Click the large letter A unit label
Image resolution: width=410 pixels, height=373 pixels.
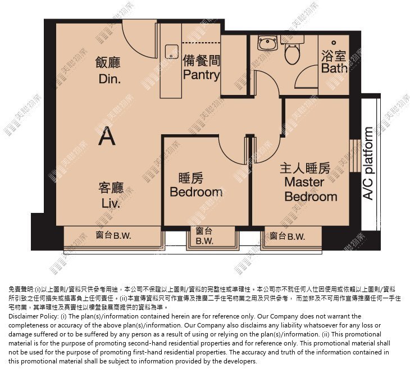tap(107, 136)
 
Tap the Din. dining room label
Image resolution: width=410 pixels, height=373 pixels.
tap(110, 79)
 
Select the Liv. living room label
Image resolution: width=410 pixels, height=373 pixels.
tap(111, 203)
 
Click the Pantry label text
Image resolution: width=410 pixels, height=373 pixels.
tap(201, 75)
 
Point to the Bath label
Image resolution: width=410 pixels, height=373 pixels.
tap(334, 68)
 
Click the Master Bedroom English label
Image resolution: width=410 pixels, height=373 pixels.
tap(311, 189)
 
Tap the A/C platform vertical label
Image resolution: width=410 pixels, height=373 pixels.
tap(368, 163)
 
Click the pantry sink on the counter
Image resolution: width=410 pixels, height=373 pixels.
tap(172, 51)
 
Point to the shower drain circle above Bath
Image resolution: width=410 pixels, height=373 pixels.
tap(334, 42)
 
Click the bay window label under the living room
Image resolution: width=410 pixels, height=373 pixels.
tap(113, 235)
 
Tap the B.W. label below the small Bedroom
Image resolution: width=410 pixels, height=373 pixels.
tap(204, 241)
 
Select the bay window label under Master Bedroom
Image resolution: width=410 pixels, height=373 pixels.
tap(288, 236)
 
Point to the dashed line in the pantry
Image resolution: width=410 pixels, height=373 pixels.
tap(201, 42)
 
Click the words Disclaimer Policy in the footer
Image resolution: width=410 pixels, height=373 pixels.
tap(33, 316)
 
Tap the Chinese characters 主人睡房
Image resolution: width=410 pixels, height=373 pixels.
tap(305, 169)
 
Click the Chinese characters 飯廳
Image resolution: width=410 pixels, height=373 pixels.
tap(108, 63)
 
